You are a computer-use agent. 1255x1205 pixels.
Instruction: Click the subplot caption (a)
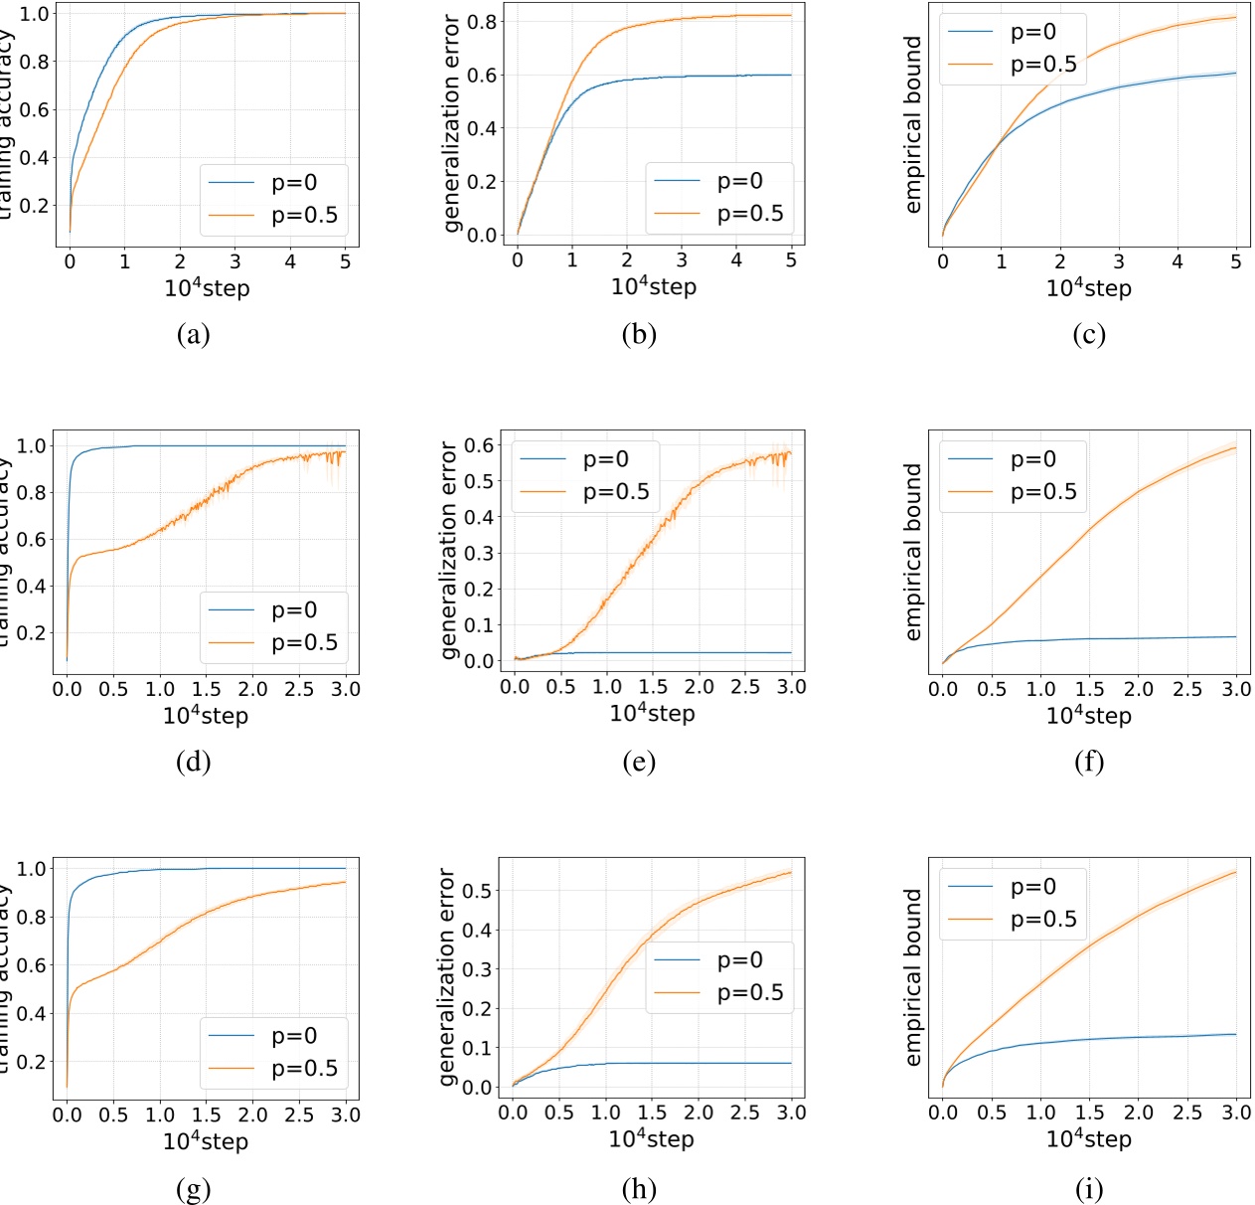pyautogui.click(x=193, y=334)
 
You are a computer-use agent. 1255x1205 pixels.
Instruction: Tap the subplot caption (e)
pyautogui.click(x=638, y=762)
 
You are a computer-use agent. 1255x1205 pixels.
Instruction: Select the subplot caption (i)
pyautogui.click(x=1088, y=1189)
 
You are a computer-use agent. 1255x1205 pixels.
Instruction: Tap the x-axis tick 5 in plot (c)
pyautogui.click(x=1235, y=261)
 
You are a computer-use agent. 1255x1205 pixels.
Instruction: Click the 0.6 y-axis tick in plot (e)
pyautogui.click(x=481, y=444)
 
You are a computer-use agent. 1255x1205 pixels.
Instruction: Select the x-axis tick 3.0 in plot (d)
pyautogui.click(x=346, y=689)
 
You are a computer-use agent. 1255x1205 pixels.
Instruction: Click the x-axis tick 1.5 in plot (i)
pyautogui.click(x=1089, y=1113)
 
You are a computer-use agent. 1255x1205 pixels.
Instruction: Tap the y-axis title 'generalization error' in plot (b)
pyautogui.click(x=452, y=123)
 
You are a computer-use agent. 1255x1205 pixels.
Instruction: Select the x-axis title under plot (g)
pyautogui.click(x=206, y=1140)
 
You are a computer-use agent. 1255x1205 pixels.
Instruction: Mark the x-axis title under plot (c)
pyautogui.click(x=1088, y=288)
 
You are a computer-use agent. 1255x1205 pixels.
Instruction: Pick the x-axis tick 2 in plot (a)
pyautogui.click(x=180, y=261)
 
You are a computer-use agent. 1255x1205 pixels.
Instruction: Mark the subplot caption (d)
pyautogui.click(x=193, y=762)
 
